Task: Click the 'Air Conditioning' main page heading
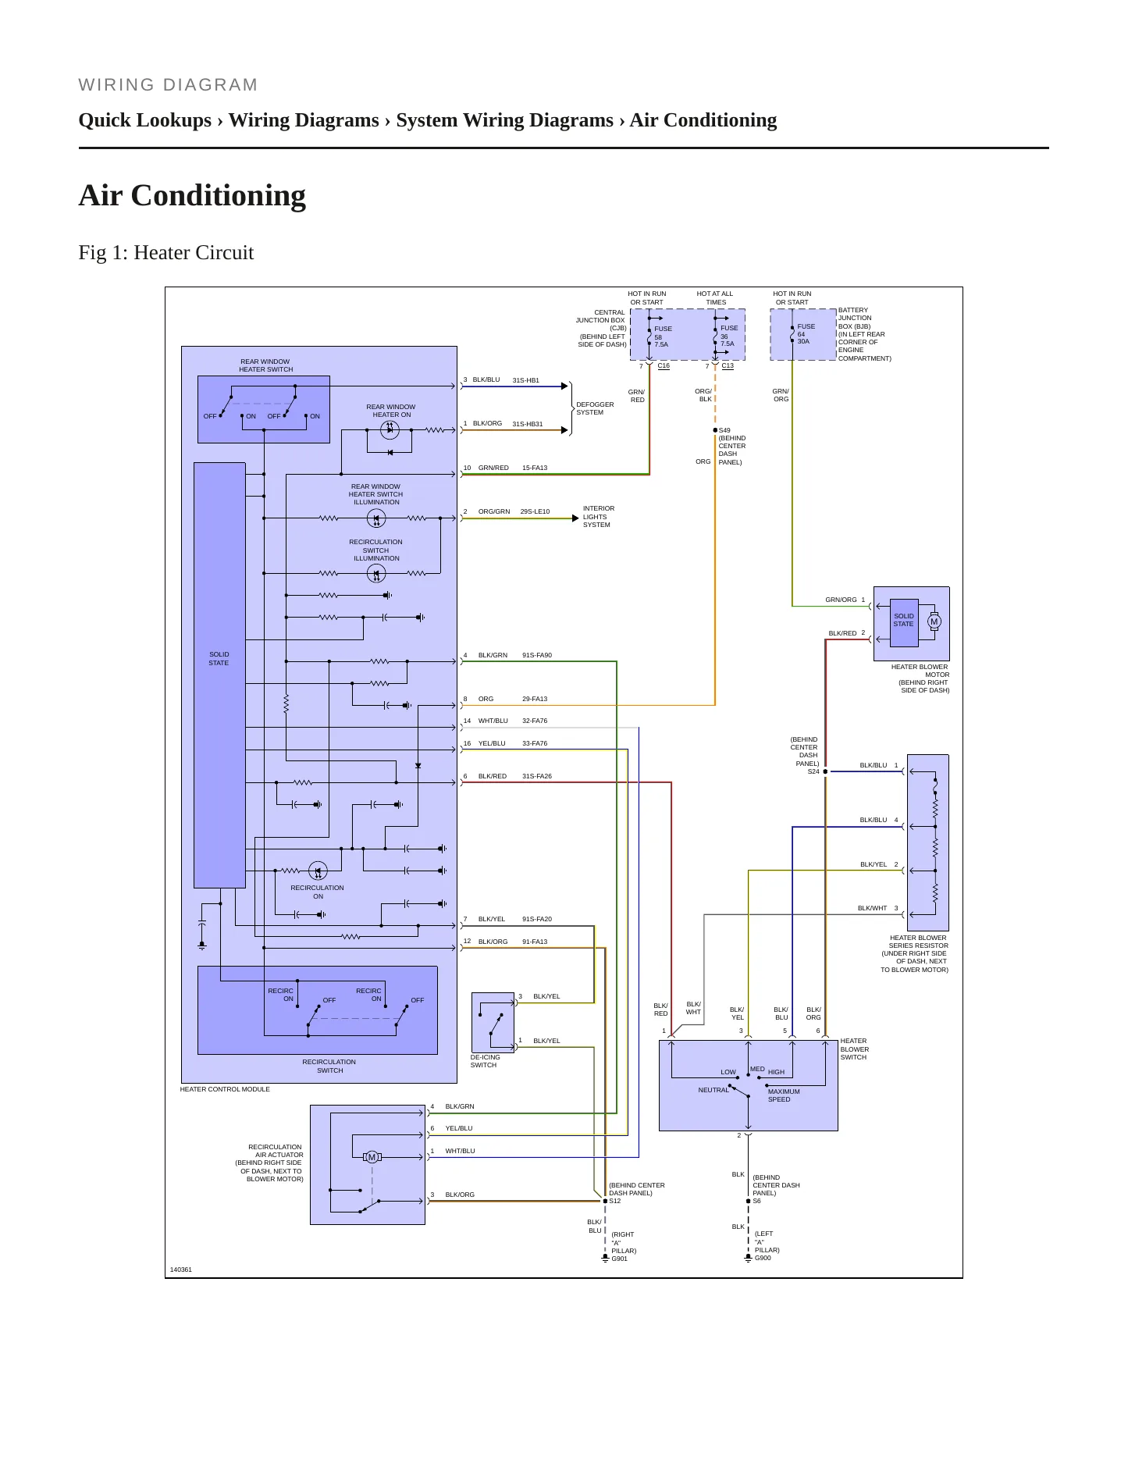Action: point(192,195)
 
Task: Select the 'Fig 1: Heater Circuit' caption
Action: point(166,252)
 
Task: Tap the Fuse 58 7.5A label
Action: point(662,337)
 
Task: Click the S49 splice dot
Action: point(715,430)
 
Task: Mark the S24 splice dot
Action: point(825,771)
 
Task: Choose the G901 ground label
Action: point(619,1259)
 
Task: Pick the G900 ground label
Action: point(763,1258)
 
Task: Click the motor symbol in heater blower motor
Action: point(934,622)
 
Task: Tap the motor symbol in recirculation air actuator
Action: point(372,1157)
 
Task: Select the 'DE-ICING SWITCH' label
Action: point(485,1061)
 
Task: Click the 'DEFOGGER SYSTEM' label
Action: point(595,408)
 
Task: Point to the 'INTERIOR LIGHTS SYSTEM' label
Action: point(598,517)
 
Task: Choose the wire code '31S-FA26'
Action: point(536,776)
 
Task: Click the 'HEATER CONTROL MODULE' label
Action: point(225,1089)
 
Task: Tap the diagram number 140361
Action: point(180,1269)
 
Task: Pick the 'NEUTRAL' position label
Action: point(713,1090)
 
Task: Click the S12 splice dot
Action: point(605,1201)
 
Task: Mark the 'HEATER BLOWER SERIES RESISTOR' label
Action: point(915,953)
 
